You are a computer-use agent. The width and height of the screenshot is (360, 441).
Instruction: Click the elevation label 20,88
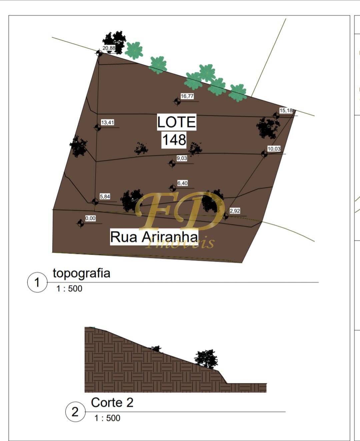click(x=109, y=48)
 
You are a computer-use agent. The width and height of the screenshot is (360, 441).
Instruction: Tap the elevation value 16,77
click(x=187, y=96)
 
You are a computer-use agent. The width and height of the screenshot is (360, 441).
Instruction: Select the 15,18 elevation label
click(x=286, y=110)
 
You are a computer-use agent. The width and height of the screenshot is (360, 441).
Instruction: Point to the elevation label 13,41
click(x=108, y=122)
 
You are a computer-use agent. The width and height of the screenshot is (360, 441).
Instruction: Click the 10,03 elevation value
click(x=274, y=149)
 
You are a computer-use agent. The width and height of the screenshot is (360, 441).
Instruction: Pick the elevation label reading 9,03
click(x=182, y=158)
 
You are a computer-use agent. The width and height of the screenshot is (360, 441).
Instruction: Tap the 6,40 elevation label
click(x=182, y=183)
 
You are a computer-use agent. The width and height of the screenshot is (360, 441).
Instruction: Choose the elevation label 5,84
click(x=105, y=196)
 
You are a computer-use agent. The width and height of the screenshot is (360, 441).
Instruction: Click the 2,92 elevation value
click(x=235, y=211)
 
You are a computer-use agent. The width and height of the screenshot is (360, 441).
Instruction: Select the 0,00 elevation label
click(x=90, y=218)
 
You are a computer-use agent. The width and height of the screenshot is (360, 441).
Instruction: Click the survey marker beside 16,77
click(x=177, y=102)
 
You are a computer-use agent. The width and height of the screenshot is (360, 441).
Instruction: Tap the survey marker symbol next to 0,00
click(x=81, y=223)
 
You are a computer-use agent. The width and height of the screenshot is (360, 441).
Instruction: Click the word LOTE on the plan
click(x=177, y=122)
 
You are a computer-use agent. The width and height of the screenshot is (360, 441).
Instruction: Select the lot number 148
click(x=174, y=140)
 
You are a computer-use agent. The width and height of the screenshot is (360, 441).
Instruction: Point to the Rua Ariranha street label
click(x=154, y=237)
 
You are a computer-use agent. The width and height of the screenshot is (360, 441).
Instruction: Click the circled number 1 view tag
click(x=37, y=282)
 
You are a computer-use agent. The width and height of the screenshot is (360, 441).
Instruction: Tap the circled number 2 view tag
click(x=75, y=412)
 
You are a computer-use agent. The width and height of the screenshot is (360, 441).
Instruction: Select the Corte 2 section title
click(x=112, y=403)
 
